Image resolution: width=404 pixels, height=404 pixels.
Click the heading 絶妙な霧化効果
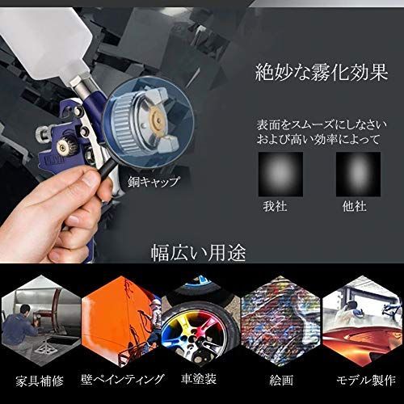(322, 72)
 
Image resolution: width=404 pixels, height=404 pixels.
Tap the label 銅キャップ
(154, 182)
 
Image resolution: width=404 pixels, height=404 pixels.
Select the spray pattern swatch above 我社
(280, 175)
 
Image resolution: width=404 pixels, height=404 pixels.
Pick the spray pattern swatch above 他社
(358, 175)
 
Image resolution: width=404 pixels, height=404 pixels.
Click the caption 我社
(275, 207)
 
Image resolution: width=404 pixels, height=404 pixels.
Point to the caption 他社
(355, 207)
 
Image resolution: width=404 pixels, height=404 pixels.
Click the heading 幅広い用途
(199, 253)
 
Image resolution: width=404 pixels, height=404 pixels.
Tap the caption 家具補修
(40, 381)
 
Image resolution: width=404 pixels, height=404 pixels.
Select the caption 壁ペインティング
(123, 380)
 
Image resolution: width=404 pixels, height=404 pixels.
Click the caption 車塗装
(199, 378)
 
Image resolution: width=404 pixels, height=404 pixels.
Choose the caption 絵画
(281, 381)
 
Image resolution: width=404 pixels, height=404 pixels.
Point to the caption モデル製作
(366, 381)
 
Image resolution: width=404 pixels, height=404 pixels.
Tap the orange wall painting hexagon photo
(121, 321)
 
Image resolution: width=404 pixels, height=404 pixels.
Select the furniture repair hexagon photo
(41, 321)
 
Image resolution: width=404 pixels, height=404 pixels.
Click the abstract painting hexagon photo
(281, 321)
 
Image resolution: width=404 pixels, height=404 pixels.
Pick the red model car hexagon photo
(362, 321)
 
